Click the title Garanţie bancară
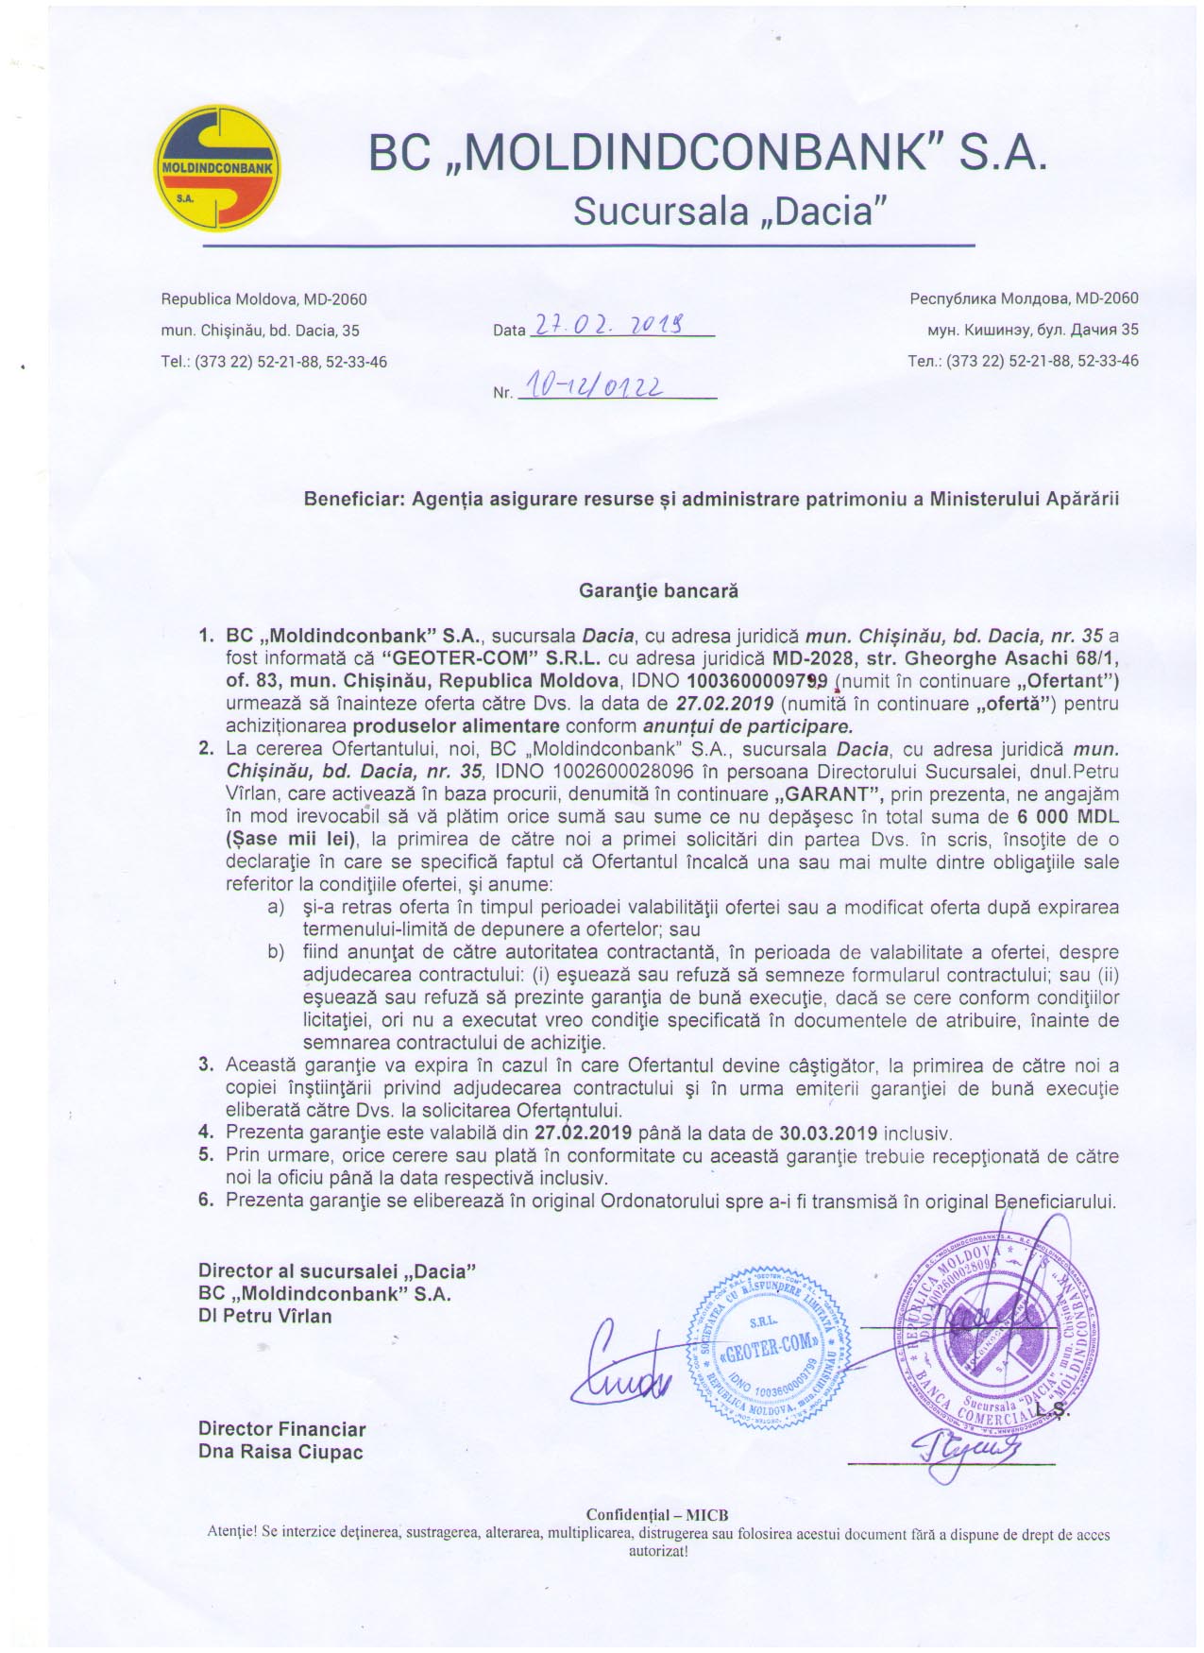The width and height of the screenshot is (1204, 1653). click(x=658, y=591)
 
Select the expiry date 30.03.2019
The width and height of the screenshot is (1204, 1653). click(x=828, y=1133)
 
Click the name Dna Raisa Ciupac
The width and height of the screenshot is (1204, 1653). click(x=280, y=1452)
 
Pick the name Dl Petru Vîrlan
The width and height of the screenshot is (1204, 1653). click(x=265, y=1315)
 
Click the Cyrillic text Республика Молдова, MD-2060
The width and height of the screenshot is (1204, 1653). click(x=1024, y=298)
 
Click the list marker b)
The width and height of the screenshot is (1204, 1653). click(x=276, y=952)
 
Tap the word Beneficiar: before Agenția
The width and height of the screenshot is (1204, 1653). click(x=354, y=499)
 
